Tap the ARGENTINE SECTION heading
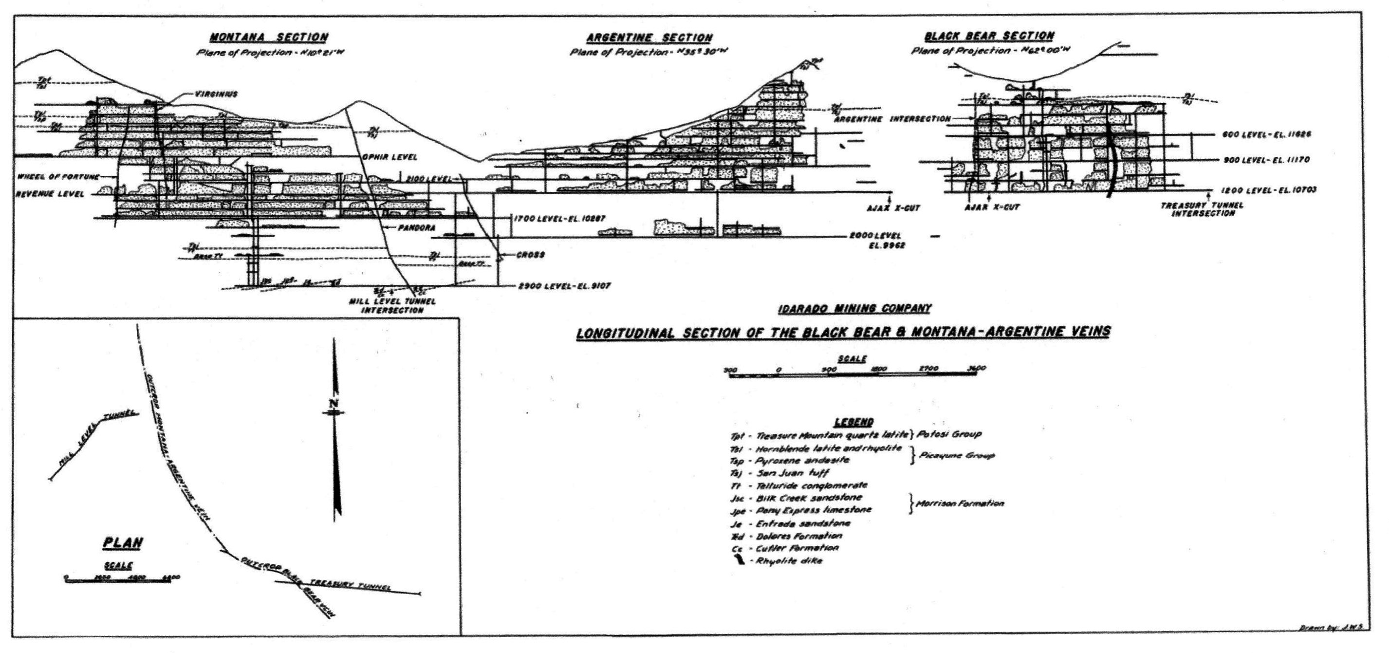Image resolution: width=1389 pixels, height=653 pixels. coord(649,38)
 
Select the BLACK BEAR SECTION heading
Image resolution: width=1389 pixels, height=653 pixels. coord(989,36)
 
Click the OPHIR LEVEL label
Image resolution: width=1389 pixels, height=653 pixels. coord(390,157)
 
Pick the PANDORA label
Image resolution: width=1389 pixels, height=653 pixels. coord(416,228)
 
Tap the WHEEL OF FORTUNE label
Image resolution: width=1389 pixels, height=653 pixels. coord(58,177)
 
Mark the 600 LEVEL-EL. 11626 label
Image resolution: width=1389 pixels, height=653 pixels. coord(1265,134)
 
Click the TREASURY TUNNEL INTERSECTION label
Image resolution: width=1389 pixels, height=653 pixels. coord(1202,209)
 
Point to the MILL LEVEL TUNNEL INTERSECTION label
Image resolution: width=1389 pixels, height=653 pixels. coord(392,306)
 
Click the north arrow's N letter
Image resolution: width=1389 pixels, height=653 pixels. coord(334,403)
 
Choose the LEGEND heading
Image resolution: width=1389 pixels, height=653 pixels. coord(853,422)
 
